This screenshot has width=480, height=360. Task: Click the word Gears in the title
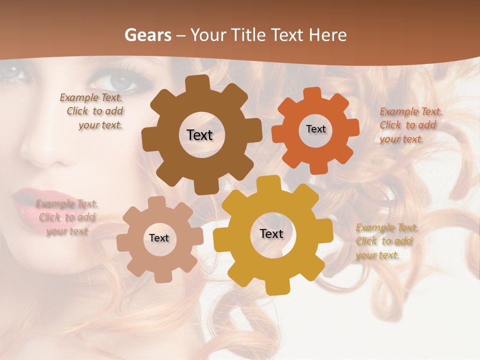pos(147,35)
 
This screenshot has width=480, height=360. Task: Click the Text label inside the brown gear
pos(199,135)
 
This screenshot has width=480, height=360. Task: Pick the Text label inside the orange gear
pos(315,129)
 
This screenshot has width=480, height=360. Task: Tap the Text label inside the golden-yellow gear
pos(271,234)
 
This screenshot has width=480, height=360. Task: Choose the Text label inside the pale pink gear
pos(158,238)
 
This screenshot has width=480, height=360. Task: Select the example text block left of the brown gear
pos(92,111)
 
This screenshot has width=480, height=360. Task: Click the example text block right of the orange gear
pos(410,125)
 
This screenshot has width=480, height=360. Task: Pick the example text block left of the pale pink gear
pos(66,217)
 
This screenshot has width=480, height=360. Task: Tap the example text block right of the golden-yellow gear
pos(386,241)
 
